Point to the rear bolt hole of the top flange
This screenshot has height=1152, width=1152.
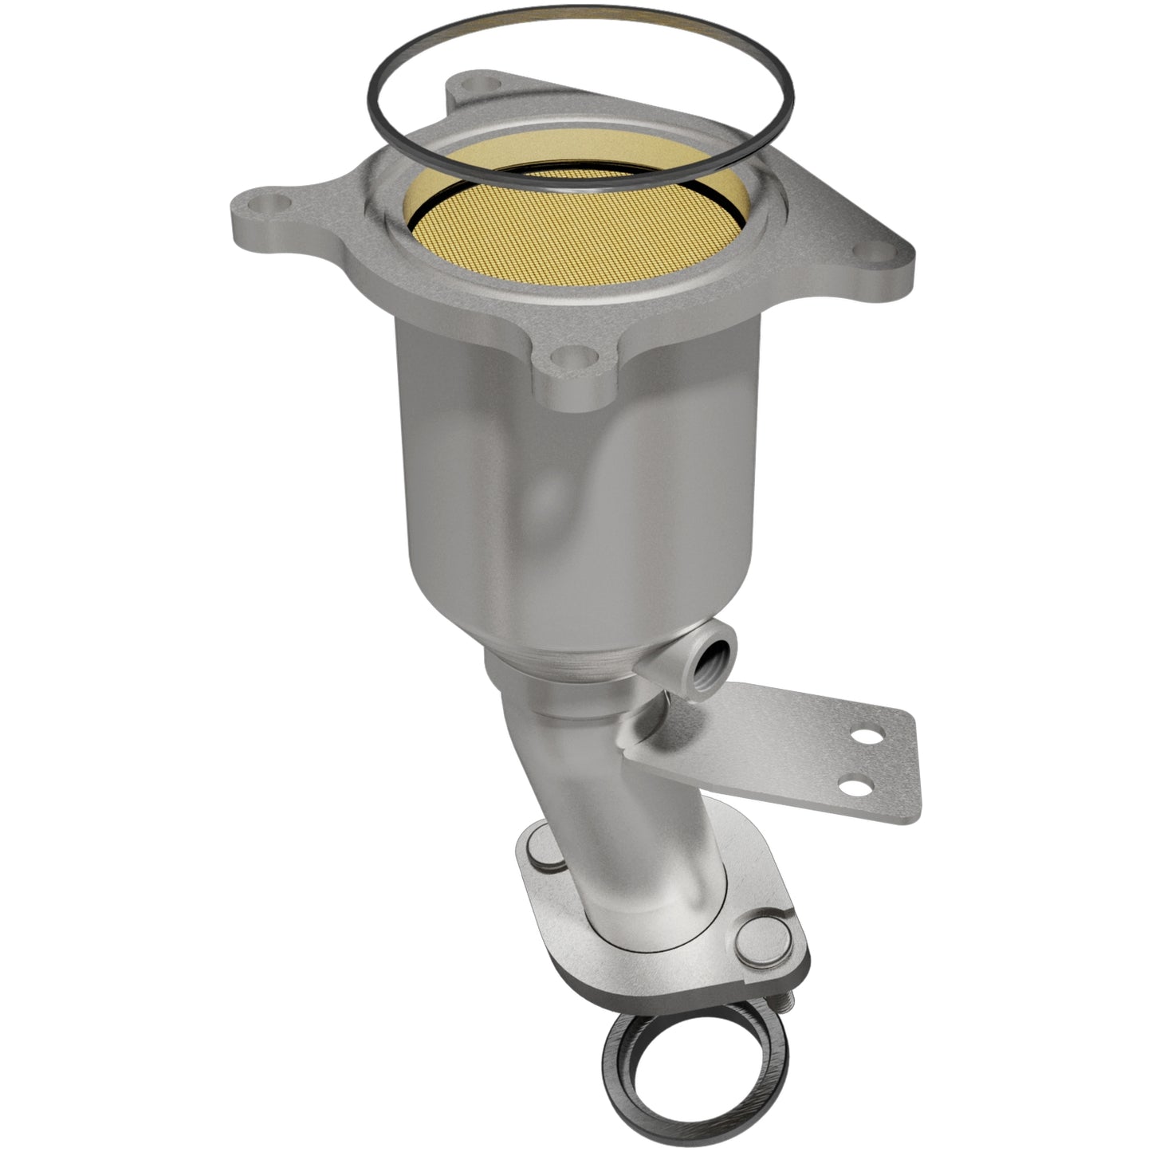coord(480,84)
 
